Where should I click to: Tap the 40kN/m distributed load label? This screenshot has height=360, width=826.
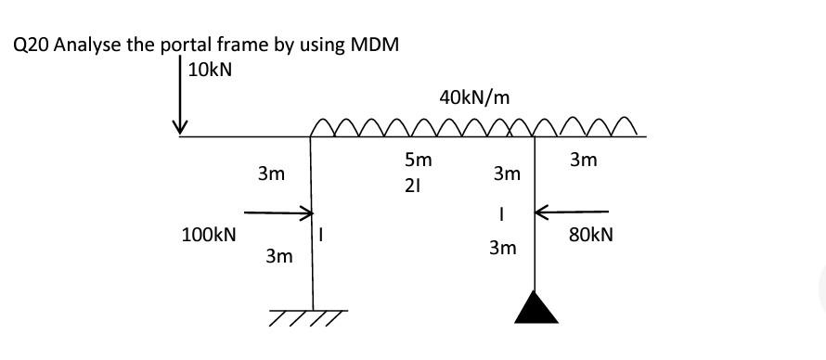click(474, 96)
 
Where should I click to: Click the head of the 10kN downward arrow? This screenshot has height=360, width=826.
click(183, 127)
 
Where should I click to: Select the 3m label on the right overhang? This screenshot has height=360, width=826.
click(583, 161)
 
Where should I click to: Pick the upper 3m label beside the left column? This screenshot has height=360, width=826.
click(271, 174)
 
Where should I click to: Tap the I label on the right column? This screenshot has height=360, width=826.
click(501, 212)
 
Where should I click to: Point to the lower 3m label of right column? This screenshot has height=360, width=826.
click(502, 249)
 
